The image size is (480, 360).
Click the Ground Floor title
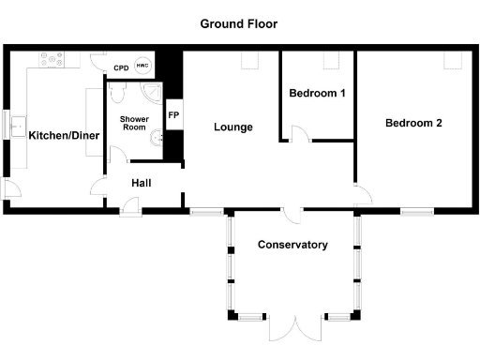point(238,23)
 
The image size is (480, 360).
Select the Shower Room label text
point(134,123)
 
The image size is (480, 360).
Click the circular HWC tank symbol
point(142,66)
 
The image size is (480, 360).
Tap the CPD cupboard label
point(121,68)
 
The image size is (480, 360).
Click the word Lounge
point(232,127)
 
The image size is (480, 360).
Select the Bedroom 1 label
point(317,94)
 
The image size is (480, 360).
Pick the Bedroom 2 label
point(413,123)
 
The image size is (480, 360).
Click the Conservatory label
point(292,245)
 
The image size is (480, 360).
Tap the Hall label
point(141,184)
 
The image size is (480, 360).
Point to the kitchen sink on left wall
point(16,125)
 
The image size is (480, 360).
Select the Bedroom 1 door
point(296,134)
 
